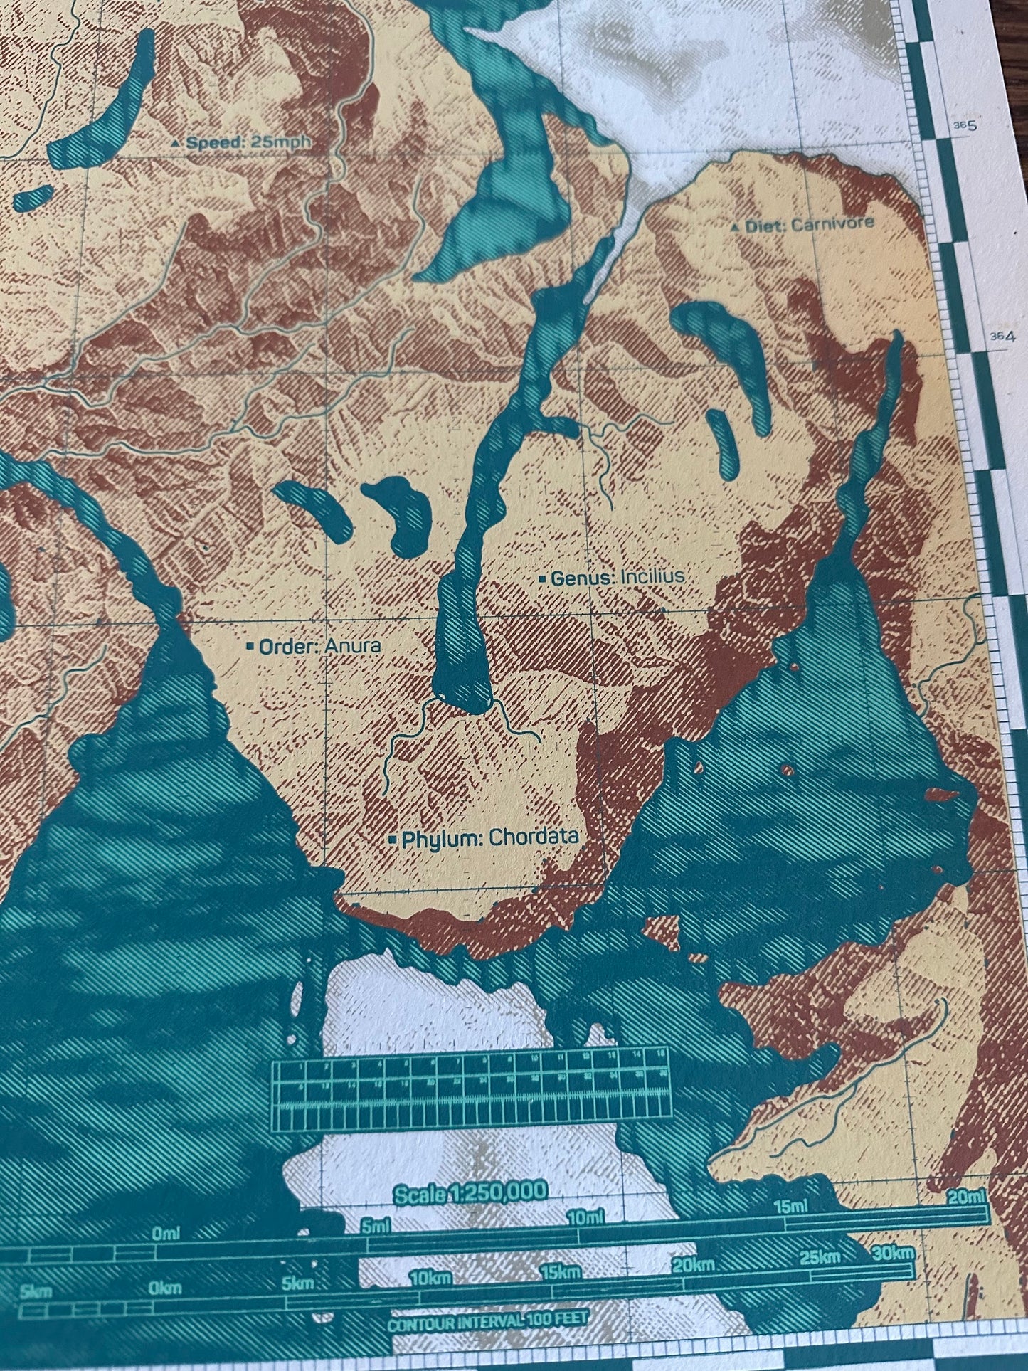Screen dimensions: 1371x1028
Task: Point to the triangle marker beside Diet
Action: click(x=736, y=228)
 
